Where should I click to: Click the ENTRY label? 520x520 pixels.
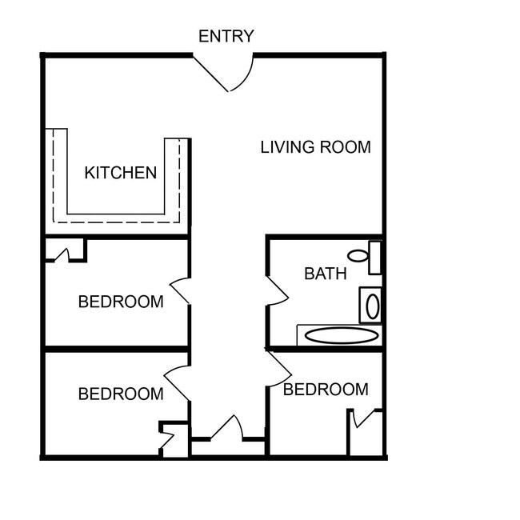(x=226, y=36)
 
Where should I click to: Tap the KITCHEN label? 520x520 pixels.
(x=121, y=172)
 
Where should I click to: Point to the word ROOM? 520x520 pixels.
(x=346, y=147)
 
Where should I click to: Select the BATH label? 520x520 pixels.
(x=326, y=274)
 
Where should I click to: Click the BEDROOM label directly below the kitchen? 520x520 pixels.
(x=121, y=302)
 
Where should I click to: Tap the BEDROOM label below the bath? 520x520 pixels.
(x=326, y=390)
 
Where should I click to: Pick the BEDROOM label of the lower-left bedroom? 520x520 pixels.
(x=121, y=394)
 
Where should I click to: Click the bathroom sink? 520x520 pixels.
(x=371, y=306)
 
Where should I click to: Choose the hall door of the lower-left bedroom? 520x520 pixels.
(x=178, y=379)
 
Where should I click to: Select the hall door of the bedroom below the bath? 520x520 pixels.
(x=278, y=366)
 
